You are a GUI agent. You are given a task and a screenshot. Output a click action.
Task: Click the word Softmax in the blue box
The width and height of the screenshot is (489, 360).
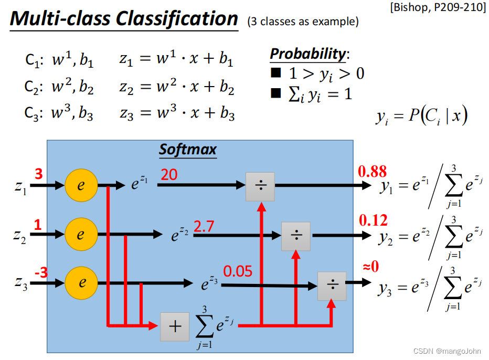pos(188,150)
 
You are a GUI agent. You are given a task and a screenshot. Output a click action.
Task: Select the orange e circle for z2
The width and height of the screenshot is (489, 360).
pos(80,235)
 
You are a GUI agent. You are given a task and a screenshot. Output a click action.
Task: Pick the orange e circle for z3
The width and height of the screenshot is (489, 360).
pos(81,283)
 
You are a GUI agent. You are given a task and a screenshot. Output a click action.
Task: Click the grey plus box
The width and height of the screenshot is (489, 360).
pos(175,326)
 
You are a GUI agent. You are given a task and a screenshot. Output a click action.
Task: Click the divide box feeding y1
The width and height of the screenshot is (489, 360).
pos(260,186)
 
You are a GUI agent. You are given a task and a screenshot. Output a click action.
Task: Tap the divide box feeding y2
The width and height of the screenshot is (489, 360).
pos(296,236)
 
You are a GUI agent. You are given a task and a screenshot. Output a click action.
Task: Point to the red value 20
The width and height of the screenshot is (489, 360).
pos(169,174)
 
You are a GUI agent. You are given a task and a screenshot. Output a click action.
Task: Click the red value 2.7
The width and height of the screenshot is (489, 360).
pos(204,227)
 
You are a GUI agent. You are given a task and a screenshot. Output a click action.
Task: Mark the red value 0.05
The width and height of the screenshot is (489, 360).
pos(238,271)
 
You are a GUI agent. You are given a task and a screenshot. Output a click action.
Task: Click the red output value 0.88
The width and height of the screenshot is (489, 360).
pos(372,171)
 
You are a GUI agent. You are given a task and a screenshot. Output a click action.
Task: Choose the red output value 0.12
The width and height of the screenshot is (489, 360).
pos(373,220)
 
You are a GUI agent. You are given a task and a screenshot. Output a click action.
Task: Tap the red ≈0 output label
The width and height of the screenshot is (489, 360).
pos(370,267)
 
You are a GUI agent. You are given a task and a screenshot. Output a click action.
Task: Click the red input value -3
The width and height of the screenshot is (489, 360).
pos(40,273)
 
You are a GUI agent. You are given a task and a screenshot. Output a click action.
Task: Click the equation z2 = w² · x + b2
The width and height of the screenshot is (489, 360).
pos(176,87)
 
